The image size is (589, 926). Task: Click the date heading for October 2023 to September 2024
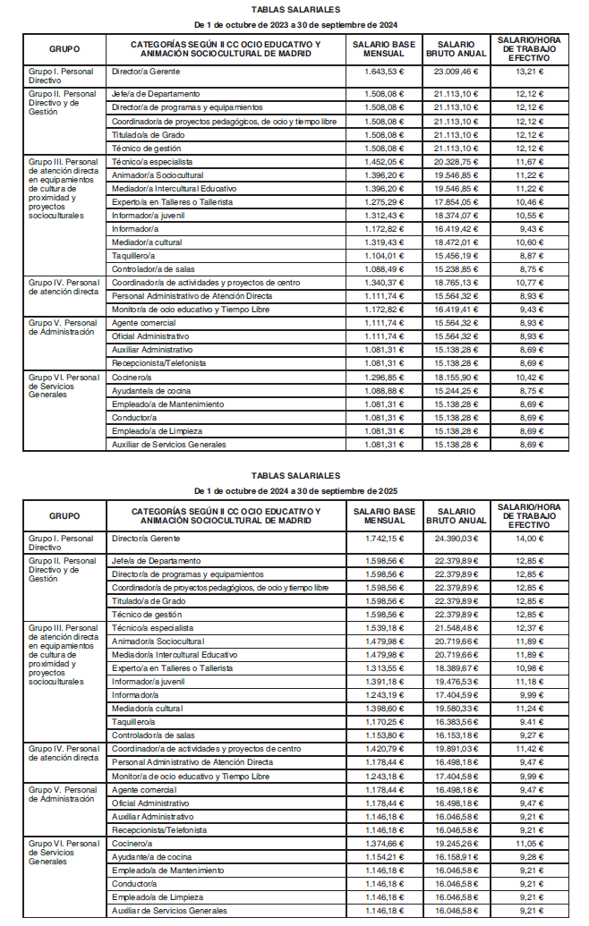pyautogui.click(x=295, y=24)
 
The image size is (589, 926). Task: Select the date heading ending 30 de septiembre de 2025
pyautogui.click(x=295, y=491)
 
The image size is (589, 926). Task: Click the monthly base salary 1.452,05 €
pyautogui.click(x=385, y=162)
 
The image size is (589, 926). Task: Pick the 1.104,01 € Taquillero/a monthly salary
pyautogui.click(x=385, y=256)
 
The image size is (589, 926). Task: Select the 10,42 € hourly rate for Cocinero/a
pyautogui.click(x=530, y=378)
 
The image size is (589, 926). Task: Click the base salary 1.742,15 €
pyautogui.click(x=385, y=539)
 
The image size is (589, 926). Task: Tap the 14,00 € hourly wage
pyautogui.click(x=530, y=539)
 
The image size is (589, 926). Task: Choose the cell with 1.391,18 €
pyautogui.click(x=385, y=681)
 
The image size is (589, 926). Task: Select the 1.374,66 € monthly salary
pyautogui.click(x=385, y=843)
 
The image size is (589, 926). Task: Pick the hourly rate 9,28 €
pyautogui.click(x=530, y=856)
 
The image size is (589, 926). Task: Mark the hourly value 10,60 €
pyautogui.click(x=530, y=242)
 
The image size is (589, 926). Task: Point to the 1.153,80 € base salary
pyautogui.click(x=385, y=735)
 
